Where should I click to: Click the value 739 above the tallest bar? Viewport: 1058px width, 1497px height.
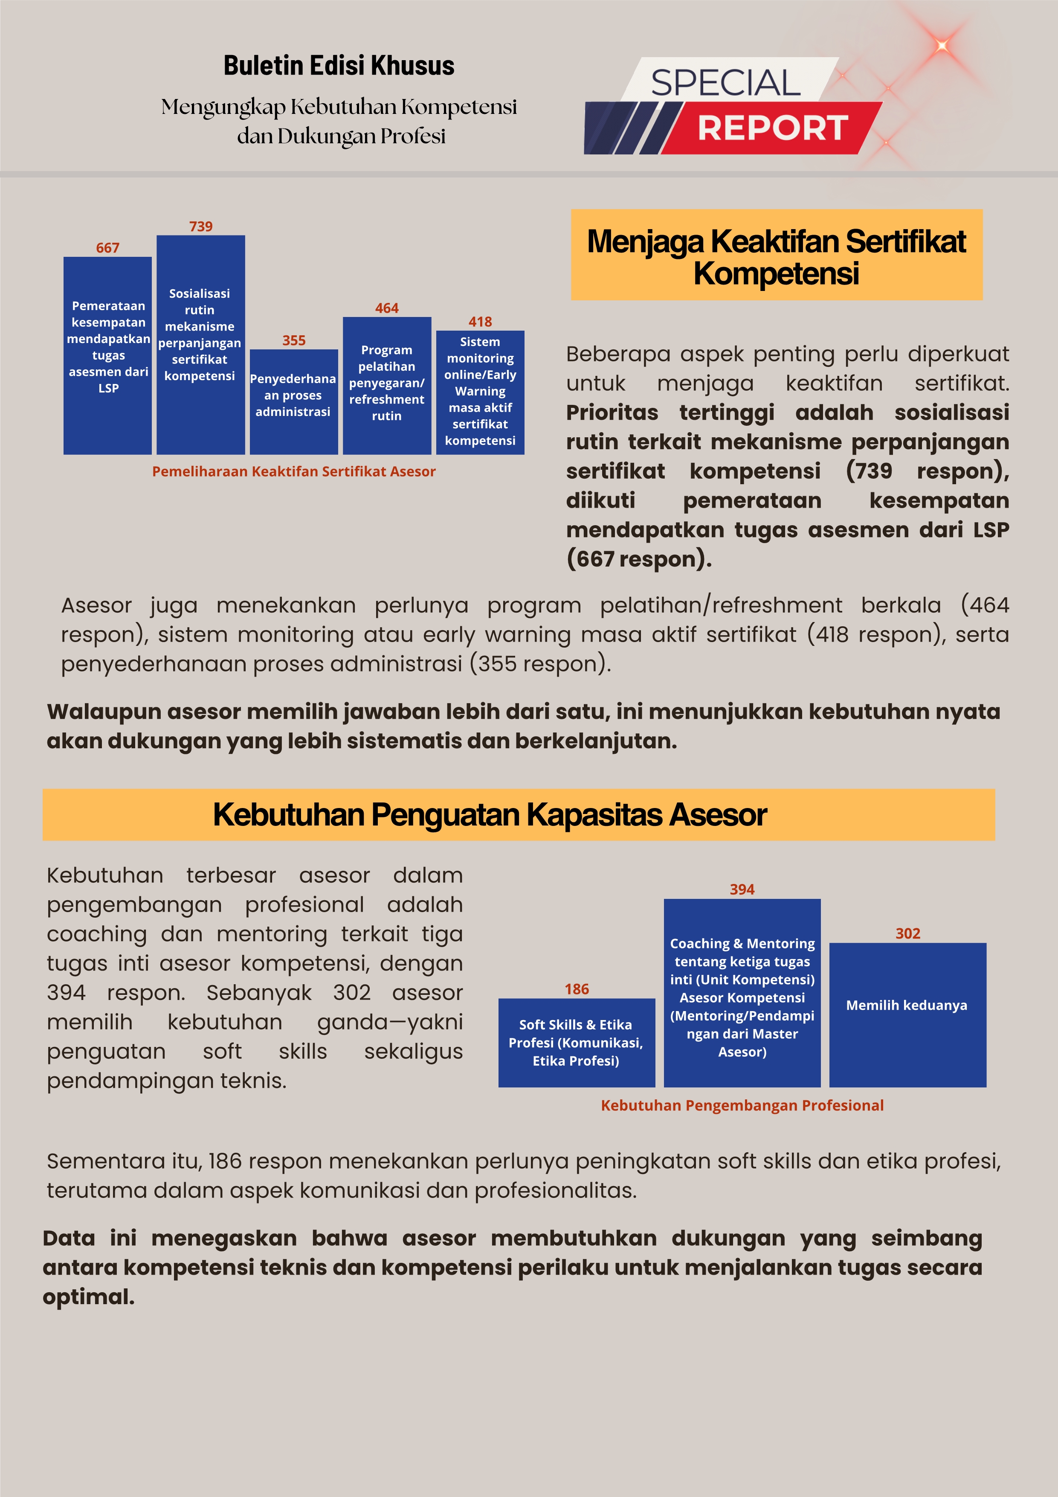(201, 226)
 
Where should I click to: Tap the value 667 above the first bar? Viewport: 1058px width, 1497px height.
(107, 248)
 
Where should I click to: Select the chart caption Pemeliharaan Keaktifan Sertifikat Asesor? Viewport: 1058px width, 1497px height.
(293, 471)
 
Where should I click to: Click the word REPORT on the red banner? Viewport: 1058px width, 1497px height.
(772, 128)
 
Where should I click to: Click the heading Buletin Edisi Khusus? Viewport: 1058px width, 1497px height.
(339, 66)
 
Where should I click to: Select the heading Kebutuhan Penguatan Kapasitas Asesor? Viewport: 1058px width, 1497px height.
(490, 814)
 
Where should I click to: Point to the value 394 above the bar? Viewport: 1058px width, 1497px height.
(742, 889)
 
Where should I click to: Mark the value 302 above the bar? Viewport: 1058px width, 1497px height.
(907, 934)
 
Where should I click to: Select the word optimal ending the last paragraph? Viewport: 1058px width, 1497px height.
(87, 1297)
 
